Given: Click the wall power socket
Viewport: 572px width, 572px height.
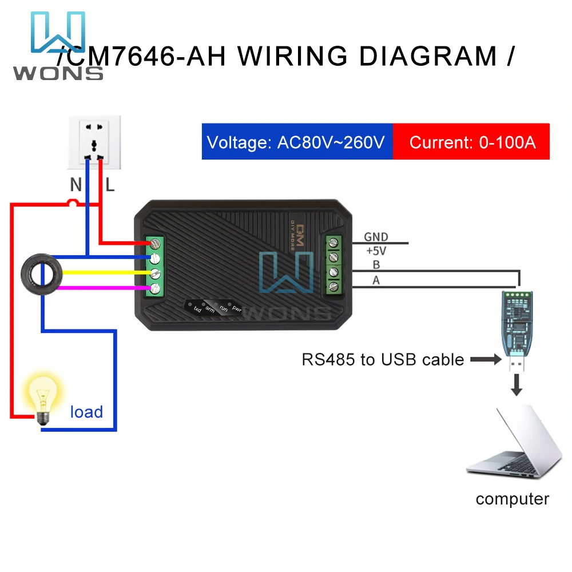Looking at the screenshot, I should pos(94,142).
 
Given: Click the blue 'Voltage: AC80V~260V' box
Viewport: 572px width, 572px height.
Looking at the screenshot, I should pos(296,142).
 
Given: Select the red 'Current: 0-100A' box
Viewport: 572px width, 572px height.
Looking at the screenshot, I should pos(472,142).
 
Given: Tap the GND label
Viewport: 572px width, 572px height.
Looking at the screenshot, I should pos(376,237).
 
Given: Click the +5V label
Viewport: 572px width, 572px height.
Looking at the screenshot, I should pos(376,250).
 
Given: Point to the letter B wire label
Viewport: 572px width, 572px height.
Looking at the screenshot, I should pos(376,265).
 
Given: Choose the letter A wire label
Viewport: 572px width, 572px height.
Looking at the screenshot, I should pos(376,280).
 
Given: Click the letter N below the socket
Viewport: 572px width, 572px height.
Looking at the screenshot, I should pos(76,185).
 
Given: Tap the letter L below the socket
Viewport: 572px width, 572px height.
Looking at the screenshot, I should pos(110,185).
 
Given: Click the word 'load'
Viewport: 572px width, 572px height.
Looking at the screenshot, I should pos(86,412).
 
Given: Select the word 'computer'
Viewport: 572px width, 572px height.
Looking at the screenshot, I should pos(512,499).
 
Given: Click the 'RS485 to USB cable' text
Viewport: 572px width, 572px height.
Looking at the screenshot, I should pos(383,360).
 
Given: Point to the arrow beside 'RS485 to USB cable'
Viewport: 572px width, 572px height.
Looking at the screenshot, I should pos(486,360).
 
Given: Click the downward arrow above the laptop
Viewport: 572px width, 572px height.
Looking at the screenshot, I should pos(517,385).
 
